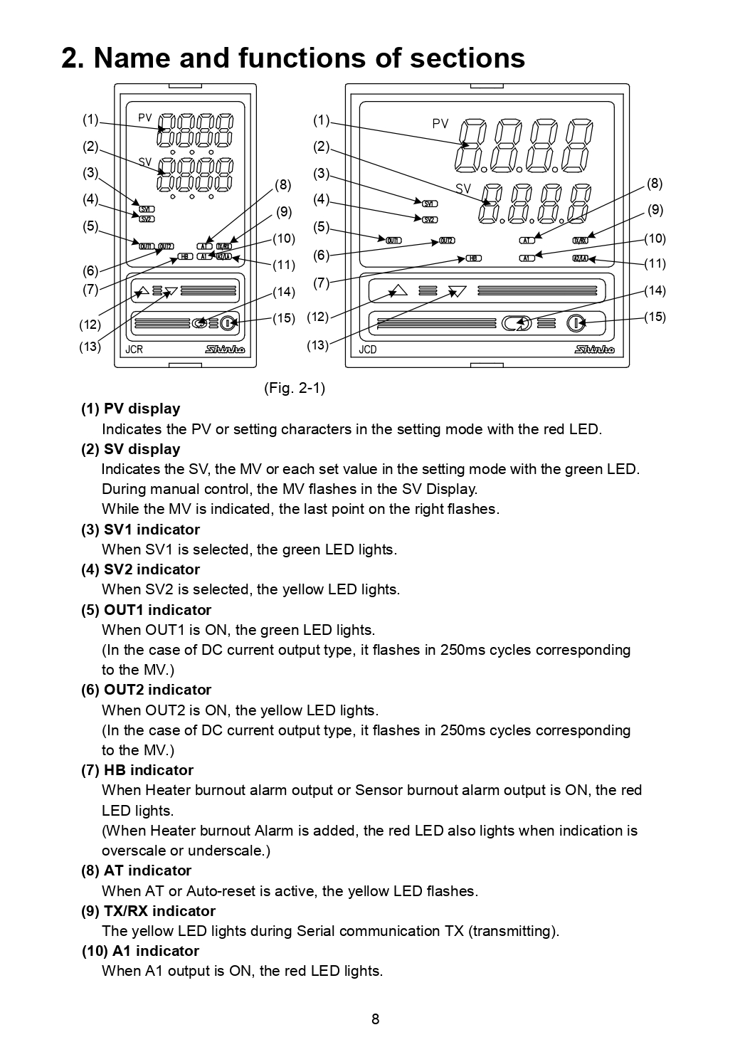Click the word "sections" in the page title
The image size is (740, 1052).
pos(467,58)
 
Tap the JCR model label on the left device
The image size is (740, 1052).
pos(134,349)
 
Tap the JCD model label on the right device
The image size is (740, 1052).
pos(368,349)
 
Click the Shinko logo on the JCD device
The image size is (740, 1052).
pos(594,349)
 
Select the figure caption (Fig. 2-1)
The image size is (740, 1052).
pos(295,388)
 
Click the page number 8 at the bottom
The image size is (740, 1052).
pos(375,1019)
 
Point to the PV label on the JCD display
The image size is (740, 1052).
pos(440,124)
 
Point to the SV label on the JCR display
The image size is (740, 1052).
pos(145,162)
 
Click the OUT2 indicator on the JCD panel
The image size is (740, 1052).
pos(447,241)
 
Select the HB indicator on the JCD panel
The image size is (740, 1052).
pos(474,258)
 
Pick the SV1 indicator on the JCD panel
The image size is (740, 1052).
pos(430,204)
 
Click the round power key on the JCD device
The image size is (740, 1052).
pos(576,324)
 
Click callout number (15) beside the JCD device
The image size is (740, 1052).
pos(655,317)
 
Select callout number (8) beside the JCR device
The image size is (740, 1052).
pos(283,185)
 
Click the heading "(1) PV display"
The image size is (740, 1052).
pos(130,409)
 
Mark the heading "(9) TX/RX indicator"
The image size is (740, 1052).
pos(148,911)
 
